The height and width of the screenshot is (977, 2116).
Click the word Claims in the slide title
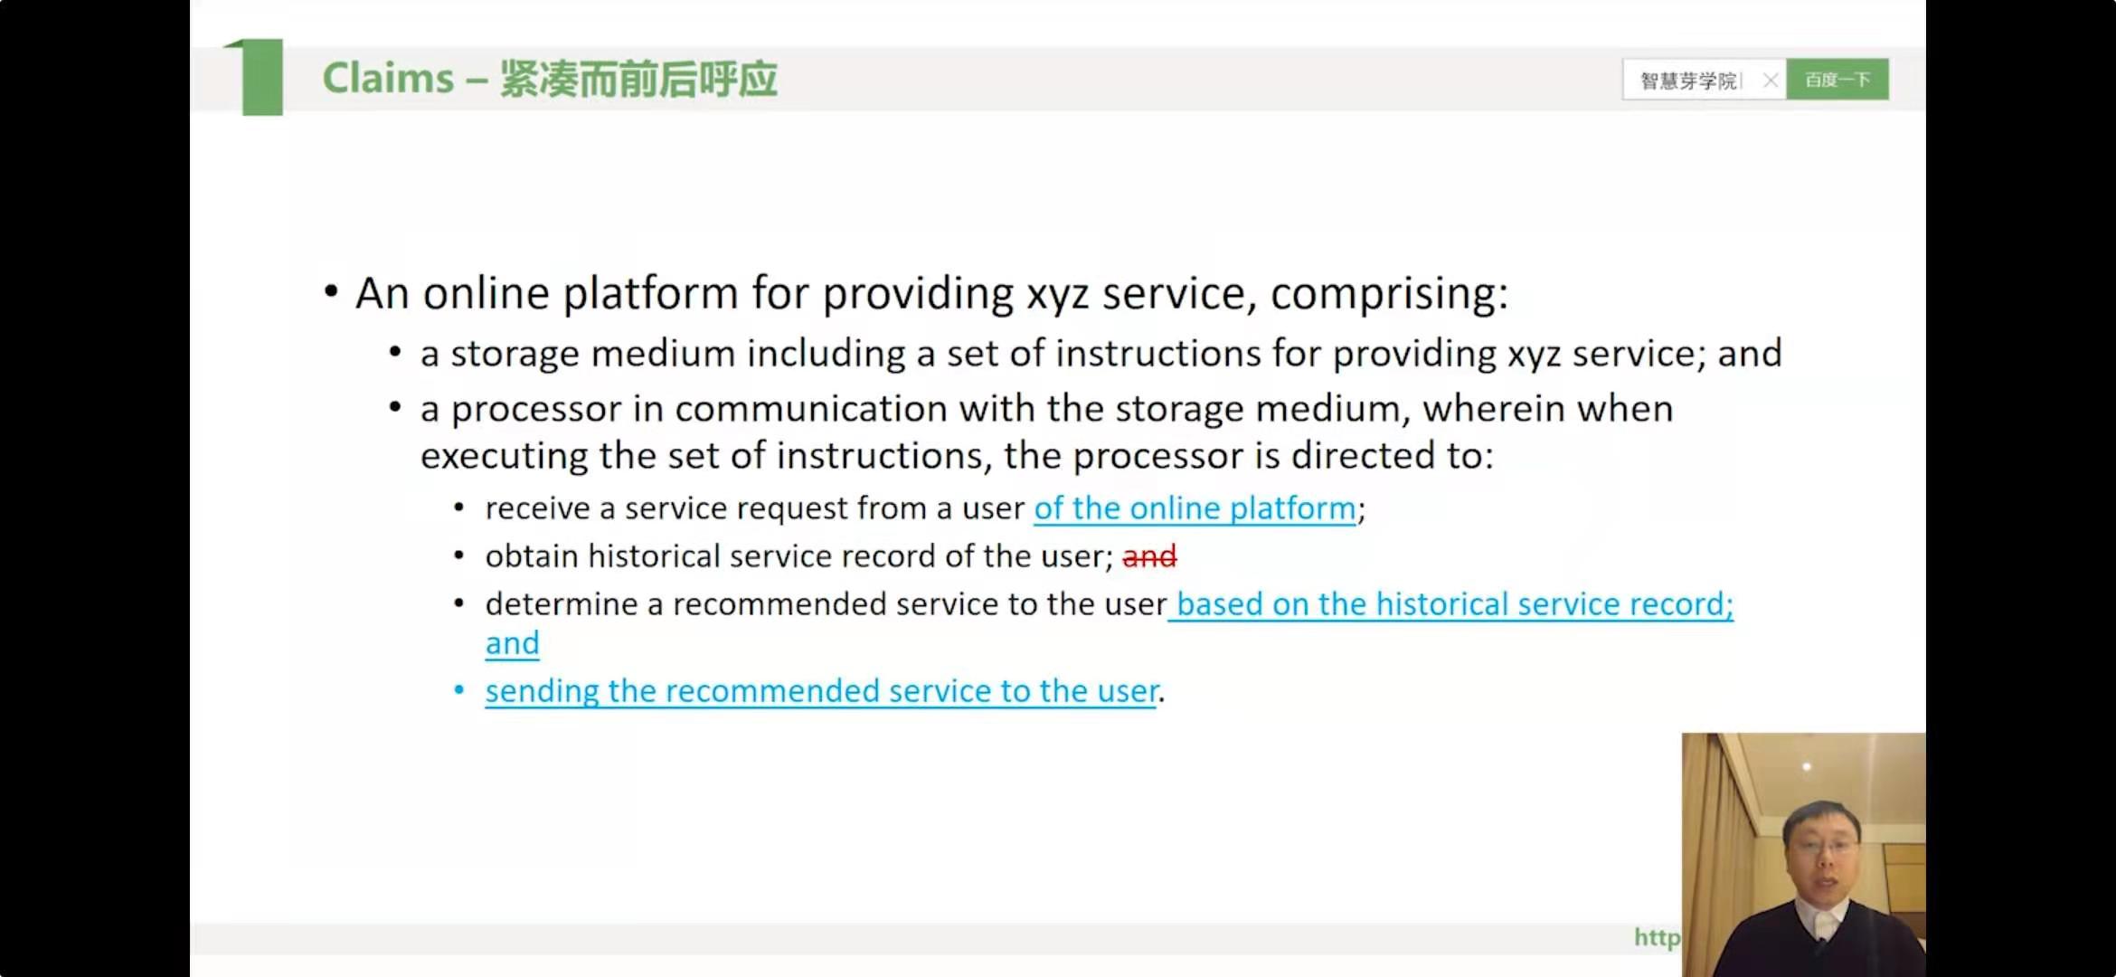tap(388, 78)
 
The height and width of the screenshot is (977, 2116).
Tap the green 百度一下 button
tap(1837, 80)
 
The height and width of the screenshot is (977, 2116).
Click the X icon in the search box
tap(1771, 81)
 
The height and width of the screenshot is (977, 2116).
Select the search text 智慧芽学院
tap(1688, 81)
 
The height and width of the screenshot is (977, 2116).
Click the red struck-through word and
tap(1149, 555)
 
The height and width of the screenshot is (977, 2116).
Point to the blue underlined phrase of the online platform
tap(1195, 508)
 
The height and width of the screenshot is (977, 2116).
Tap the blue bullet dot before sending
tap(459, 690)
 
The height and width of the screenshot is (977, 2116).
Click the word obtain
tap(532, 555)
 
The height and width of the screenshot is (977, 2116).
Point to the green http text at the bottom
tap(1657, 938)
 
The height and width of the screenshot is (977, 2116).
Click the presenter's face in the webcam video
tap(1820, 850)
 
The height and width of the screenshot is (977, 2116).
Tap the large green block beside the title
tap(262, 77)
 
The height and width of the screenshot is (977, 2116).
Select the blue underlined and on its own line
tap(512, 643)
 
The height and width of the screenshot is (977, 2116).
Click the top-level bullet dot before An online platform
tap(331, 291)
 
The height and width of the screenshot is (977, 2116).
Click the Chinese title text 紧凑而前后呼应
tap(638, 79)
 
